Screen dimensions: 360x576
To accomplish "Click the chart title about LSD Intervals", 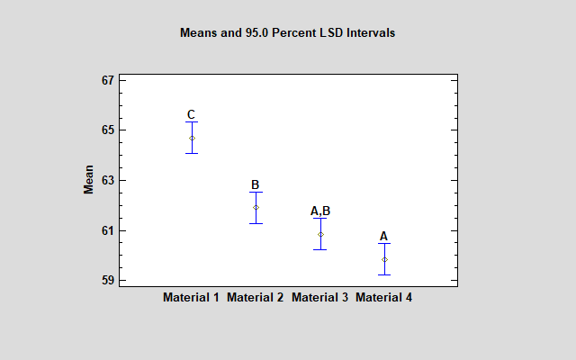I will [288, 32].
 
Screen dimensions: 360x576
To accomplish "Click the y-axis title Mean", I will [89, 180].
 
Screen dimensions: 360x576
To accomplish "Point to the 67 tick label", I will [108, 80].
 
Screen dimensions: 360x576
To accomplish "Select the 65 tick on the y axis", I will [108, 130].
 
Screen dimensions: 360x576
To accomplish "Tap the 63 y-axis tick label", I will [108, 180].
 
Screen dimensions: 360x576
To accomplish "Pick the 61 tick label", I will [108, 230].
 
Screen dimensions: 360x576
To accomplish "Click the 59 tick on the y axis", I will [108, 281].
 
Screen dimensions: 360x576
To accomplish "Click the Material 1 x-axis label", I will [191, 297].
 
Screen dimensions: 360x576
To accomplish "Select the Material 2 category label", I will [256, 297].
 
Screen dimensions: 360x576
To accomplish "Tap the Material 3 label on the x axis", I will [319, 297].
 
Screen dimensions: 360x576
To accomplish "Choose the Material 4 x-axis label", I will [384, 297].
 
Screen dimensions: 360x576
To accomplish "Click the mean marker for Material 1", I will [192, 138].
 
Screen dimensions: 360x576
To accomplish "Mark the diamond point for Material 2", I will [256, 207].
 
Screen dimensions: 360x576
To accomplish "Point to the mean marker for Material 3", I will [320, 234].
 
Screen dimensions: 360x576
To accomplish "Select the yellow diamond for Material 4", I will [384, 259].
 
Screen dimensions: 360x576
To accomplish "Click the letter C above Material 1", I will [191, 114].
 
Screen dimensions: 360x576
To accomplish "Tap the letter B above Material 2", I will [256, 184].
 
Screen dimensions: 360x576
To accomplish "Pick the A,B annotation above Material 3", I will [320, 211].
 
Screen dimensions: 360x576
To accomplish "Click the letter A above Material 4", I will [384, 236].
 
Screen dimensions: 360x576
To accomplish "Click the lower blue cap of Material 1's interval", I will [192, 153].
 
